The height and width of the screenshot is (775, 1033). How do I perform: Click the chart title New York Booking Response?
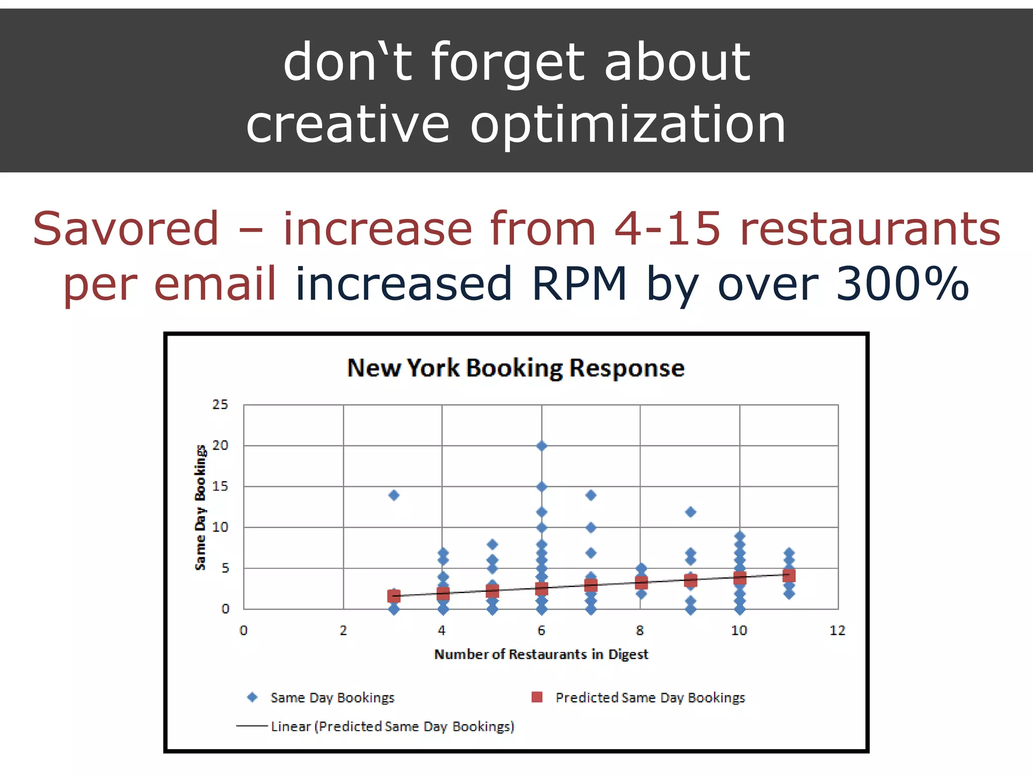[x=515, y=368]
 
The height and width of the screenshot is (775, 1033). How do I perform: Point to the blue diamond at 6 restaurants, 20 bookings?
[x=542, y=446]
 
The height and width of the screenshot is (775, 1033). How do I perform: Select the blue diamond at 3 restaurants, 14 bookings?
[x=394, y=495]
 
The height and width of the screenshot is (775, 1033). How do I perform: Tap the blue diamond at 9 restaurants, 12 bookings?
[x=691, y=512]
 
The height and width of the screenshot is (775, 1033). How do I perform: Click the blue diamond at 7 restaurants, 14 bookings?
[x=591, y=495]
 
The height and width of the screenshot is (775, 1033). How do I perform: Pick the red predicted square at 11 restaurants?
[x=789, y=576]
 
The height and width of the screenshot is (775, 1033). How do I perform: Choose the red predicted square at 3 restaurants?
[x=394, y=596]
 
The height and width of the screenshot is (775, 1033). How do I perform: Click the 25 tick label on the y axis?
[x=220, y=405]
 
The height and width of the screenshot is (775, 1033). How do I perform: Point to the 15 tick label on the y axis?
[x=220, y=486]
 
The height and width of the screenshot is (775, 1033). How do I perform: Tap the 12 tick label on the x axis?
[x=837, y=630]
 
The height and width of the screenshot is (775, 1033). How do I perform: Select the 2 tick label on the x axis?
[x=343, y=630]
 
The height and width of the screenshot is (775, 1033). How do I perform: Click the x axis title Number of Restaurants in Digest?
[x=541, y=654]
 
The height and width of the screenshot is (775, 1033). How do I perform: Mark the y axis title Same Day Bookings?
[x=201, y=507]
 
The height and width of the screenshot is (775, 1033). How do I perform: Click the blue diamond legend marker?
[x=252, y=697]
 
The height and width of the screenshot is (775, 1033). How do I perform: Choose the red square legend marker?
[x=537, y=697]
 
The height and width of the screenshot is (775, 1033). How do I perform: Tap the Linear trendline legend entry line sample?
[x=252, y=726]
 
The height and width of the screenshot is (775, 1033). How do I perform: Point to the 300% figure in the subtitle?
[x=902, y=284]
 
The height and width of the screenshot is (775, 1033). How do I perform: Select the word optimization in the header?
[x=627, y=124]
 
